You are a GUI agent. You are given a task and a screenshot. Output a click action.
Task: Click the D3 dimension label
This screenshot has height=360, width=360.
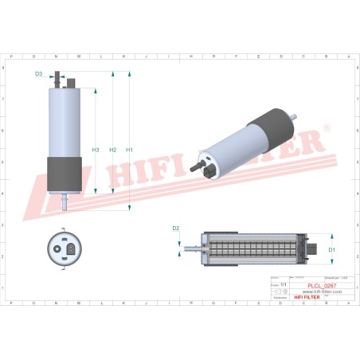pos(38,74)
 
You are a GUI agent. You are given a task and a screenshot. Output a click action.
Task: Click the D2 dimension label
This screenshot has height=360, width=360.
pos(176,229)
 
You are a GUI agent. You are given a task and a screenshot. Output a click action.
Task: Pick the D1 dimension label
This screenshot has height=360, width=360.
pos(332,250)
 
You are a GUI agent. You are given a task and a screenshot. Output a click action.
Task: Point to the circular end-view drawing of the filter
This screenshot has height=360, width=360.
pos(64,250)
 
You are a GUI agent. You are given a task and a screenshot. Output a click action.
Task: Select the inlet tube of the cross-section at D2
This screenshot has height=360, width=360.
pos(192,249)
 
